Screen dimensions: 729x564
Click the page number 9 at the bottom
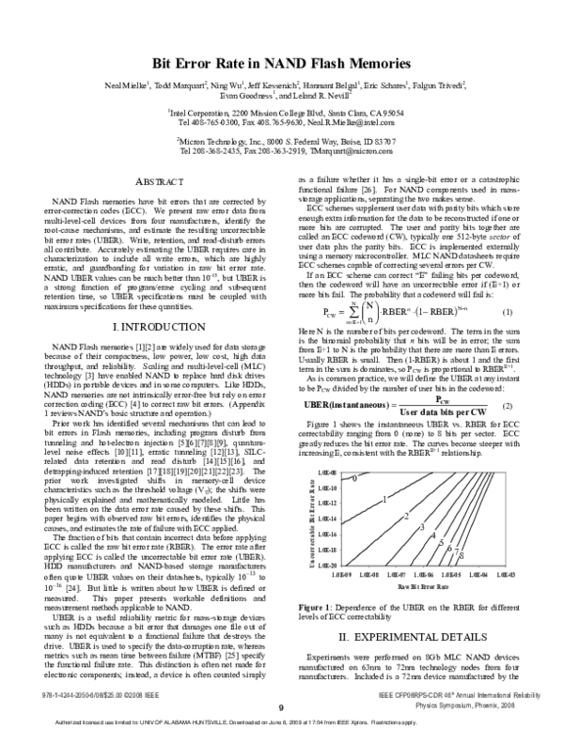click(280, 709)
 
